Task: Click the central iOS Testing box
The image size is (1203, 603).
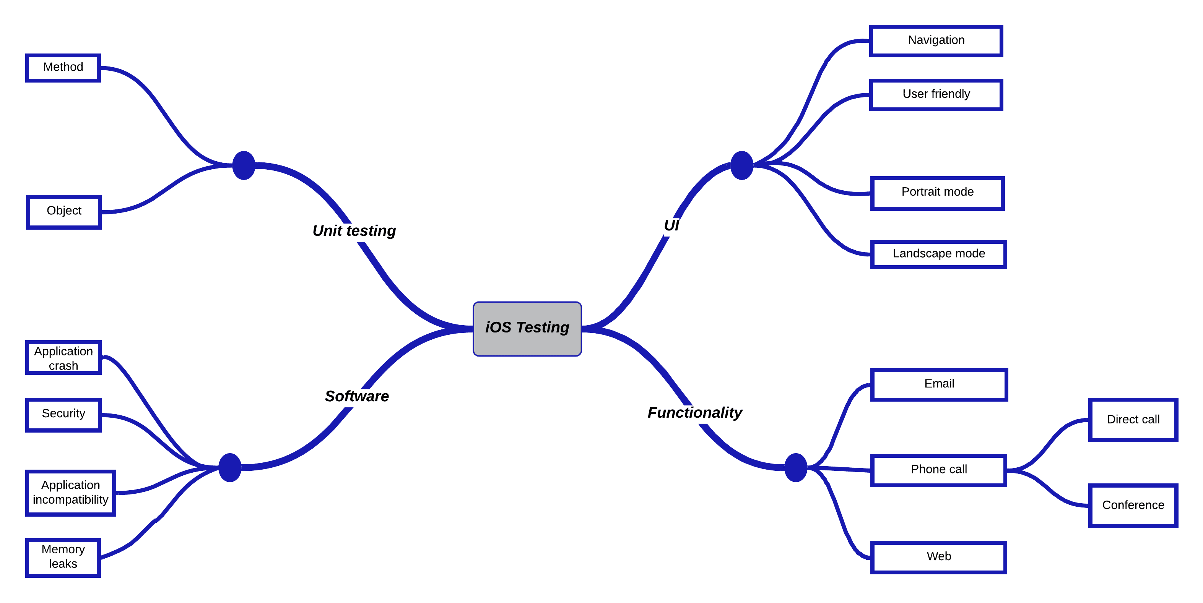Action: point(527,329)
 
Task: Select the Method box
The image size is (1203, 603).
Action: point(63,68)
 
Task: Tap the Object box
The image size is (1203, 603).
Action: point(64,211)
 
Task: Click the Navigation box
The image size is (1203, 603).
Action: point(936,41)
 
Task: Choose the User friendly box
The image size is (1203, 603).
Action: point(936,95)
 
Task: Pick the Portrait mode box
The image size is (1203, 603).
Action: point(937,193)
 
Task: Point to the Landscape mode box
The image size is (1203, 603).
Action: point(938,254)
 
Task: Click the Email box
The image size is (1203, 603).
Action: point(939,384)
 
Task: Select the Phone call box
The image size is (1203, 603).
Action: point(938,470)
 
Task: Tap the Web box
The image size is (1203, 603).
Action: point(938,557)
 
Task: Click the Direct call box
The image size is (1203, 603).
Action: point(1133,420)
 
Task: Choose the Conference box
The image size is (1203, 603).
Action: point(1133,506)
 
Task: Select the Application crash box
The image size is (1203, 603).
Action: point(63,358)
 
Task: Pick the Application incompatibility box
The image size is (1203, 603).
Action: point(70,493)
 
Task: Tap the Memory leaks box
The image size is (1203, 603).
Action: point(63,557)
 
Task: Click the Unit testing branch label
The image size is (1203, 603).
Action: point(354,230)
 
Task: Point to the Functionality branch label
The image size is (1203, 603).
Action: point(694,413)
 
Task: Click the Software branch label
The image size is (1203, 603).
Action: point(357,396)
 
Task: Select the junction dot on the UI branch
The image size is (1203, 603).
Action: point(741,165)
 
